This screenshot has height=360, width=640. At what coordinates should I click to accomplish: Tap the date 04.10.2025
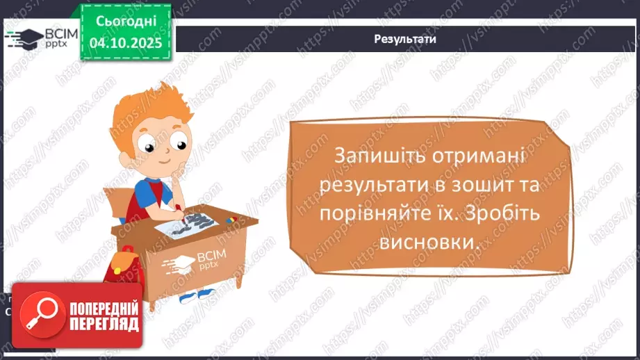pos(125,43)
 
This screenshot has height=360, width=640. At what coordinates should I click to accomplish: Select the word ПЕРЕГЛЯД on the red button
pos(104,324)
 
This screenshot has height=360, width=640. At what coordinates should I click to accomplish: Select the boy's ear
pos(132,161)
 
